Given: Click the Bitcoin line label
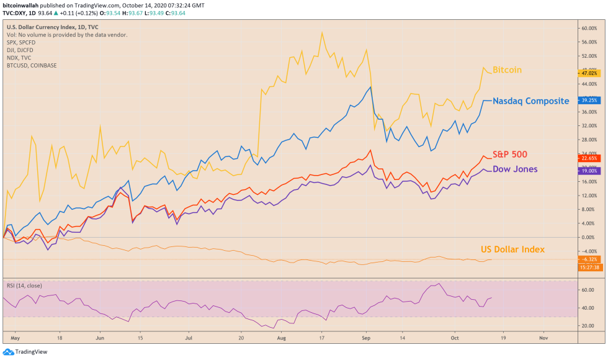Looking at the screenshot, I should [507, 70].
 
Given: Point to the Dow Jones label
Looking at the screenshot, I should [515, 169].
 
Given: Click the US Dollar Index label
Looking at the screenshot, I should [512, 250].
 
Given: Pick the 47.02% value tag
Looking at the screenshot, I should [589, 73].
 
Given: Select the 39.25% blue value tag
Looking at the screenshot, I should [589, 99].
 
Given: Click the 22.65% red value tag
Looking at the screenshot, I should [589, 158].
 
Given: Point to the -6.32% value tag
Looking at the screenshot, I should [589, 259].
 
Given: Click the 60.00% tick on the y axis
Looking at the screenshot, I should [589, 28].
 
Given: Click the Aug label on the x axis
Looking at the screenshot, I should [281, 340].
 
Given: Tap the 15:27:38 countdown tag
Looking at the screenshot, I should [589, 267].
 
